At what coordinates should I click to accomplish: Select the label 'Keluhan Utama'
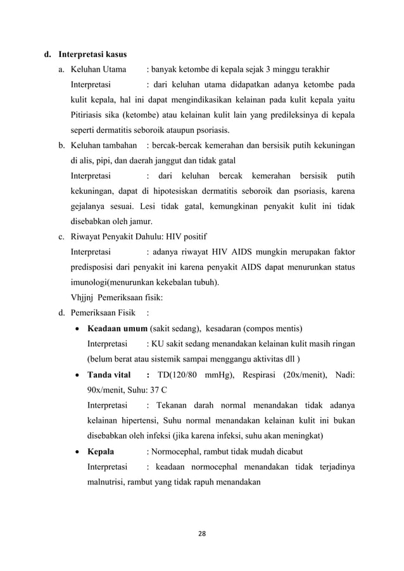tap(98, 69)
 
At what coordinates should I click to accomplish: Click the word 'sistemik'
tap(177, 359)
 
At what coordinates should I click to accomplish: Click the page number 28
tap(201, 536)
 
